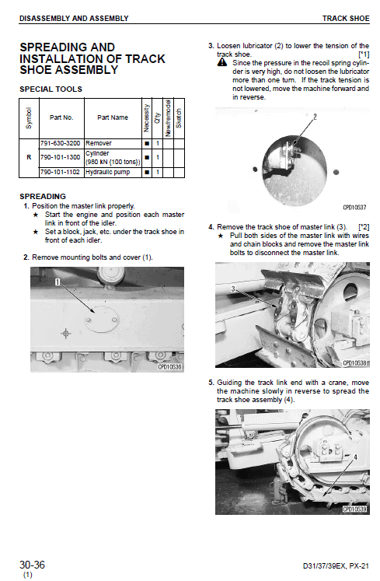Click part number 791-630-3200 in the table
point(60,143)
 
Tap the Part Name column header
point(113,117)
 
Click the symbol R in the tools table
point(29,157)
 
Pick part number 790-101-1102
point(60,173)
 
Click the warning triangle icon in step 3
point(222,63)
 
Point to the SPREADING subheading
point(43,196)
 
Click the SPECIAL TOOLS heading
point(51,89)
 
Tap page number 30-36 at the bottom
point(32,565)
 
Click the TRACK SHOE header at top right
point(346,18)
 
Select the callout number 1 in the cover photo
point(58,282)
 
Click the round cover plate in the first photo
point(101,319)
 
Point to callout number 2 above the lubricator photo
point(315,117)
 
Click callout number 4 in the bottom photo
point(355,457)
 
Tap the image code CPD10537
point(354,208)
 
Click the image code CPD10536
point(170,367)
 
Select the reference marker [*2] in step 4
point(364,227)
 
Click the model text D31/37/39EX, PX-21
point(336,565)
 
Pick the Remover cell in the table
point(99,143)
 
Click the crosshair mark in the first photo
point(65,334)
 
